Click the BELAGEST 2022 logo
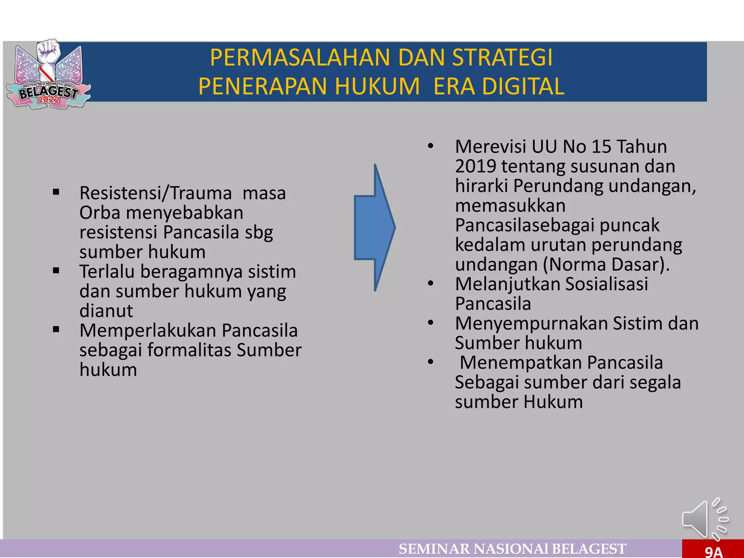tap(48, 75)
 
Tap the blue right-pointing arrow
tap(374, 228)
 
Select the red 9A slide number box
tap(713, 549)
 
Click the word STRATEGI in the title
tap(502, 58)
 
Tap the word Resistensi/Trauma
tap(155, 193)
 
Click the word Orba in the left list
tap(100, 213)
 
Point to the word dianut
tap(106, 311)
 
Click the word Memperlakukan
tap(147, 331)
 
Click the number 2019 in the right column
tap(476, 166)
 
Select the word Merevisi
tap(490, 147)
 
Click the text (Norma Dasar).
tap(606, 264)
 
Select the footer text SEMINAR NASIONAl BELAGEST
tap(512, 549)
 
